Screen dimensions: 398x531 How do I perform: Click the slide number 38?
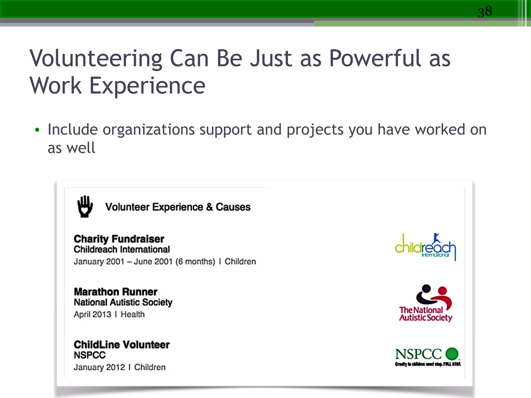tap(485, 12)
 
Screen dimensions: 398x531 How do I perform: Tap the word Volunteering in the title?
tap(96, 59)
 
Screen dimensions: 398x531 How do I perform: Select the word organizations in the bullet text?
tap(149, 130)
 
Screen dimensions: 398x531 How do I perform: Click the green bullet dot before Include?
tap(37, 130)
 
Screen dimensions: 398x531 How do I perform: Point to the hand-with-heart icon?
tap(85, 207)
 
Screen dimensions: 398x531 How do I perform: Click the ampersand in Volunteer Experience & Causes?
tap(209, 207)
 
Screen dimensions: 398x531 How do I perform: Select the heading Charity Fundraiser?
tap(119, 239)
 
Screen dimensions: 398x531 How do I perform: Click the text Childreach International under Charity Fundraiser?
tap(122, 249)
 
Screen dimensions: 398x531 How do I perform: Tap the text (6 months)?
tap(195, 261)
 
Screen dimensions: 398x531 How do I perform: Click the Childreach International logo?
tap(425, 247)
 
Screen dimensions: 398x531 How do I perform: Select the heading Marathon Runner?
tap(116, 292)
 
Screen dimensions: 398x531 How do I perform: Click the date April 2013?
tap(93, 314)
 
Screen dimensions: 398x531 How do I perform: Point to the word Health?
tap(132, 314)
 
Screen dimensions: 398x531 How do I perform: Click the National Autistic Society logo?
tap(426, 303)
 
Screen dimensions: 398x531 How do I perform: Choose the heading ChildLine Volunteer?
tap(122, 345)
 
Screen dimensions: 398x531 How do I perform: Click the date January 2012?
tap(99, 367)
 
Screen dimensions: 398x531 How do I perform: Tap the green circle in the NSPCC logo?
tap(452, 354)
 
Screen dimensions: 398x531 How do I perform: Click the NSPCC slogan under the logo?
tap(428, 364)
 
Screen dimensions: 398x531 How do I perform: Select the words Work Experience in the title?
tap(118, 86)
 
